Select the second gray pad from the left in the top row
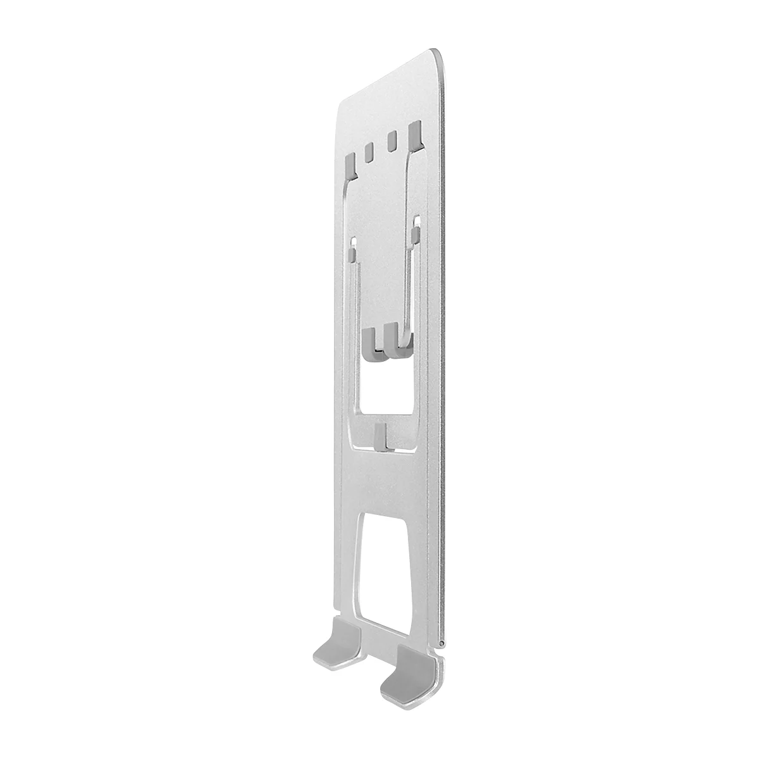[369, 152]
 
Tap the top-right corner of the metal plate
[436, 51]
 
